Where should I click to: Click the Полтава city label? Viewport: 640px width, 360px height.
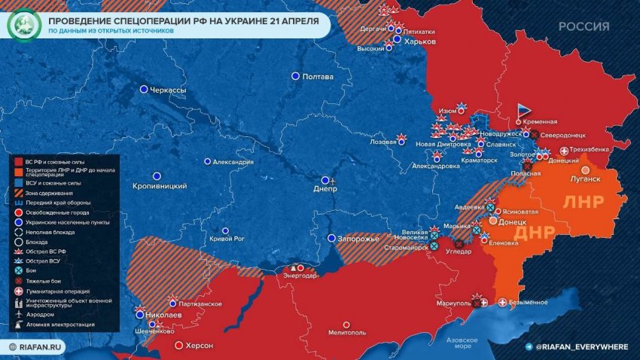[317, 77]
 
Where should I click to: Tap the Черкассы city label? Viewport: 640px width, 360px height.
[168, 90]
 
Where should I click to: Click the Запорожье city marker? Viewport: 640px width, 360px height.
[331, 239]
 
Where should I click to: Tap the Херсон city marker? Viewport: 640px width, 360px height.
[178, 346]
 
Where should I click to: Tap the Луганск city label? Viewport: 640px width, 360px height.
[585, 179]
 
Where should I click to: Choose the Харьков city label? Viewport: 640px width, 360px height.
[420, 42]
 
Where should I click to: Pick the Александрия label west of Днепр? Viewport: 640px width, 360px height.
[235, 162]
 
